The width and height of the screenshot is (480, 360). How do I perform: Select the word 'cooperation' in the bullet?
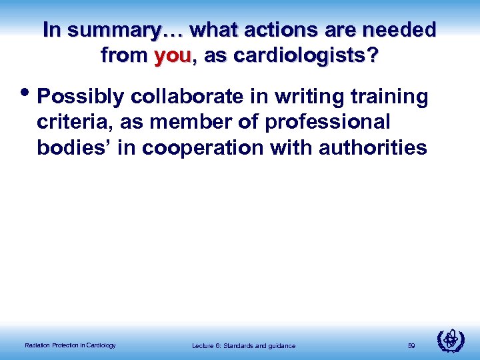tap(199, 147)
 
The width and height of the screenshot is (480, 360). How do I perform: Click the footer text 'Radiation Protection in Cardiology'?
tap(70, 345)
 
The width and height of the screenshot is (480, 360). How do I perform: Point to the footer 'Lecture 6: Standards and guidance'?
tap(243, 345)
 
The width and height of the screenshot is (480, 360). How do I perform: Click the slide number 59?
tap(411, 345)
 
